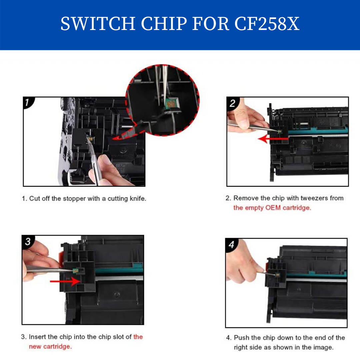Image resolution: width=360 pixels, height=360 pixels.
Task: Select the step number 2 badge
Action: [232, 103]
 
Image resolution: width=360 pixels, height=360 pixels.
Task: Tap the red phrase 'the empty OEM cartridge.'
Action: [272, 208]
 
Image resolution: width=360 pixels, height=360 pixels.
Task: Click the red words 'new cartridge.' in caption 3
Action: [50, 347]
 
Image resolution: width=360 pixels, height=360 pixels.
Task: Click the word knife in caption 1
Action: [138, 199]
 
